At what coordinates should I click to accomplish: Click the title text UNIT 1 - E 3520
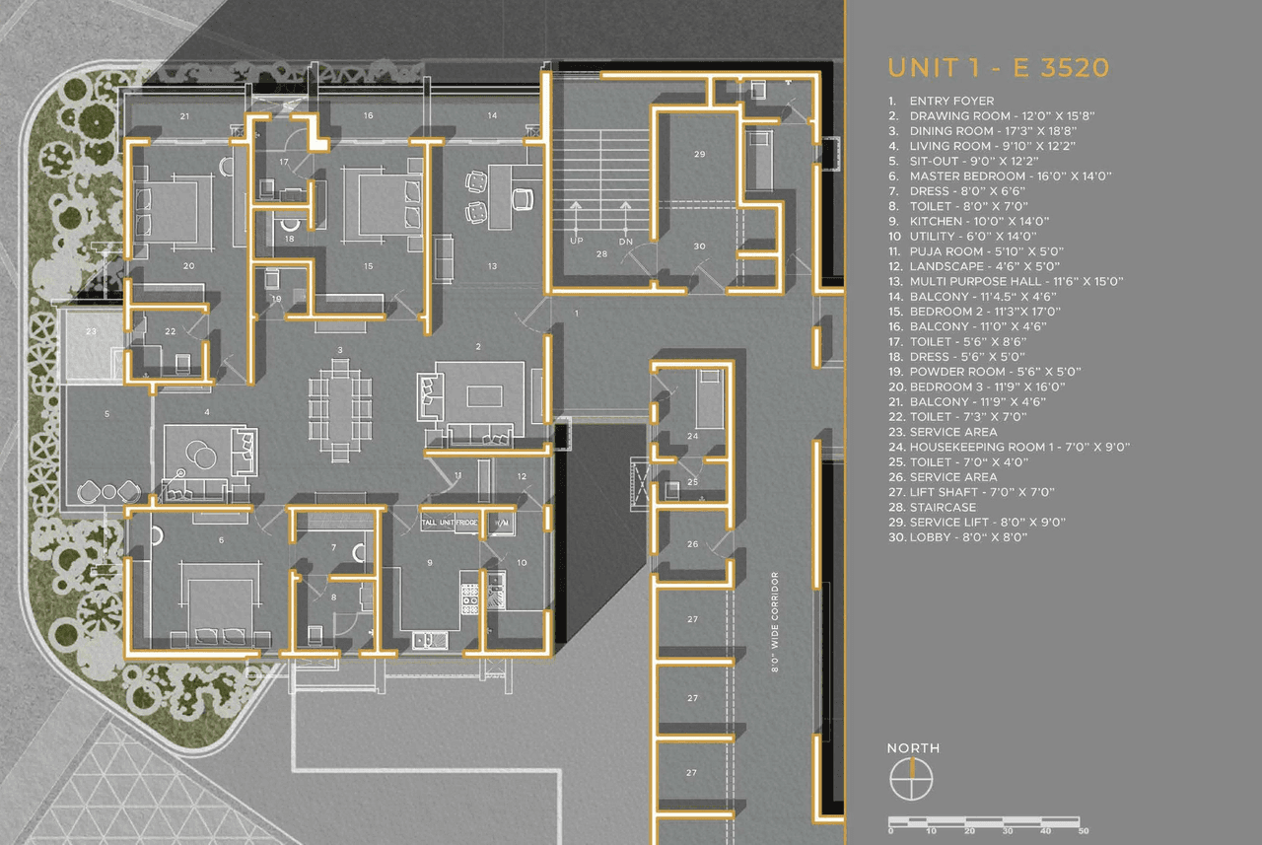point(998,68)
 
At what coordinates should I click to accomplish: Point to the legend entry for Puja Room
point(996,251)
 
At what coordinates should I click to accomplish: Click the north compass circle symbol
point(912,780)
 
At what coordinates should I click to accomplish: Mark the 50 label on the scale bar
point(1084,831)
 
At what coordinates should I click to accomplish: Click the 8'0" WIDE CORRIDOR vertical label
point(775,621)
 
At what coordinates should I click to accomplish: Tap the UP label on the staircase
point(576,241)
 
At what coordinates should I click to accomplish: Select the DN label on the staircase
point(625,241)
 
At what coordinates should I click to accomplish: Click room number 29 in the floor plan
point(699,155)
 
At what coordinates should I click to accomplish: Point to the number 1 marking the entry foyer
point(579,313)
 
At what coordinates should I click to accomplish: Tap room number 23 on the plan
point(91,332)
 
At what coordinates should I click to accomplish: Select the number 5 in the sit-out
point(107,414)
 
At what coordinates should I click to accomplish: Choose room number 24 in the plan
point(692,435)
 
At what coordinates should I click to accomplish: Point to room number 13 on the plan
point(492,266)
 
